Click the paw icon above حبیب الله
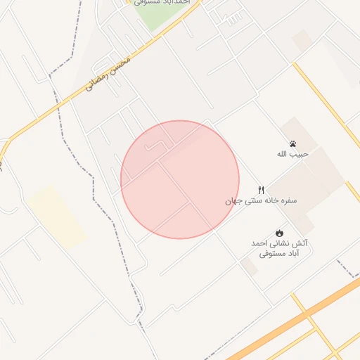coord(292,144)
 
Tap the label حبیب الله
coord(293,154)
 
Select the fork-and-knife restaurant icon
coord(262,190)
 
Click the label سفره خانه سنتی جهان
coord(261,200)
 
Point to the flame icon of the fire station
coord(279,233)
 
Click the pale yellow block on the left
coord(57,216)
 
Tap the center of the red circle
coord(180,179)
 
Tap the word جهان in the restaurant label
coord(233,200)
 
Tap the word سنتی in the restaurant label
coord(251,200)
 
